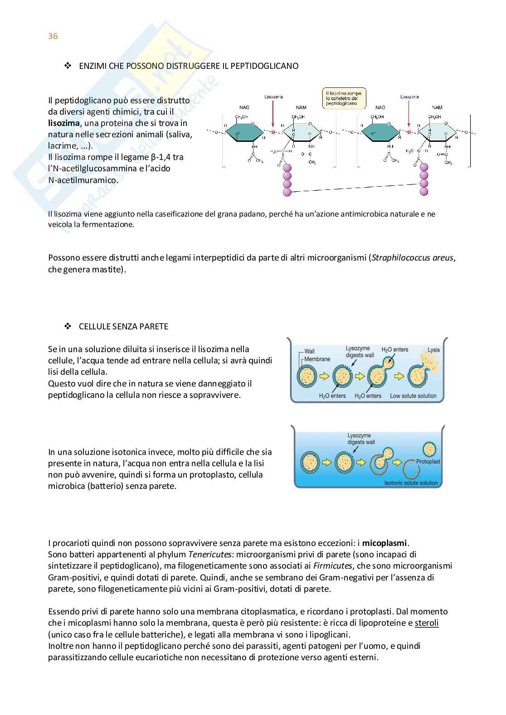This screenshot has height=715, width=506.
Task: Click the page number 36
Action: pyautogui.click(x=53, y=36)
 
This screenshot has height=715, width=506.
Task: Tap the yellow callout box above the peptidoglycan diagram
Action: pyautogui.click(x=344, y=98)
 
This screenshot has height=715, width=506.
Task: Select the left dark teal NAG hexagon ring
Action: pyautogui.click(x=244, y=133)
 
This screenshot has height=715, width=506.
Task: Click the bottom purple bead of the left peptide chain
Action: pyautogui.click(x=287, y=192)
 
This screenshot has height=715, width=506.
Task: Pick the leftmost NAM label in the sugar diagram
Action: pyautogui.click(x=301, y=107)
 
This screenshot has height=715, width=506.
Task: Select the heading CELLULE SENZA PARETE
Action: pyautogui.click(x=123, y=326)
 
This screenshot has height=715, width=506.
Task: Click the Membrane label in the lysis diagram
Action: pyautogui.click(x=317, y=359)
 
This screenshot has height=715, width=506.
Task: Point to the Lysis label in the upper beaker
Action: pyautogui.click(x=433, y=350)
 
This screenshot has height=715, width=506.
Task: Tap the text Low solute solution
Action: pyautogui.click(x=413, y=396)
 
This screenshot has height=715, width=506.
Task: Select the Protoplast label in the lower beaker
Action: pyautogui.click(x=428, y=461)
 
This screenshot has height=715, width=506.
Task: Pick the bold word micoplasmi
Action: pyautogui.click(x=384, y=543)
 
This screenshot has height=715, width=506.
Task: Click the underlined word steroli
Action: pyautogui.click(x=427, y=623)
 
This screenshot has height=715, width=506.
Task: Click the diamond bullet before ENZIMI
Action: pyautogui.click(x=68, y=66)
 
